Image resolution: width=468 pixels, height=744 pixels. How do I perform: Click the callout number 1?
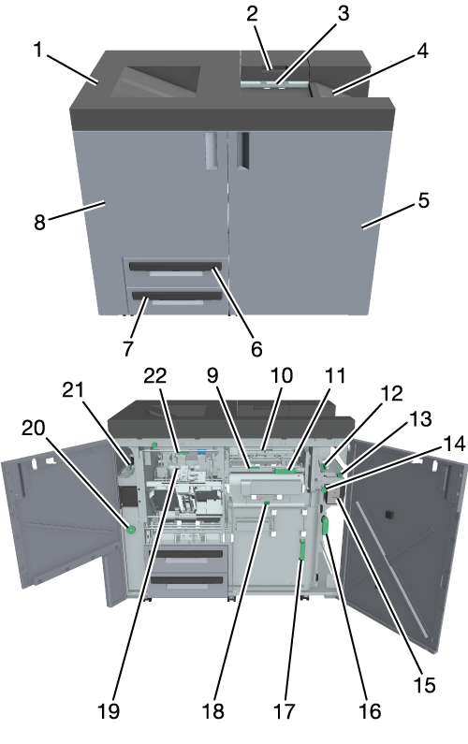click(38, 50)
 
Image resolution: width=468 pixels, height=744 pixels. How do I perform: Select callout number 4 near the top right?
click(422, 51)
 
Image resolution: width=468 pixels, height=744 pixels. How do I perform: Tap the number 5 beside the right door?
click(424, 200)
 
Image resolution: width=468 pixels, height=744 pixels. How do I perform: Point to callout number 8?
click(40, 222)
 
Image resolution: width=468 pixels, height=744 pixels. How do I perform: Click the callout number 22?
click(155, 376)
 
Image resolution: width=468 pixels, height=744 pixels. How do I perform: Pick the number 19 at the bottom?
click(109, 711)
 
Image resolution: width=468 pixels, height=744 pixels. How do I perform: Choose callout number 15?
click(424, 685)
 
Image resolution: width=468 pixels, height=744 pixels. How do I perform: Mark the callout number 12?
click(391, 393)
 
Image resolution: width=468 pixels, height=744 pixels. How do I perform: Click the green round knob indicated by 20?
click(131, 529)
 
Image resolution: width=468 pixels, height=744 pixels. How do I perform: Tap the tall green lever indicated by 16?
click(326, 526)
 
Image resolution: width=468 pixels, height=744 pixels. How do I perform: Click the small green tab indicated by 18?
click(267, 501)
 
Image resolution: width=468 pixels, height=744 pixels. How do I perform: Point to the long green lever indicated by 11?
click(285, 470)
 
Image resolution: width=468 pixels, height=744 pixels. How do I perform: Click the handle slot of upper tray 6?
click(175, 266)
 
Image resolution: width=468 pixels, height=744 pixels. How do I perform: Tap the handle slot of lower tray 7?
click(177, 297)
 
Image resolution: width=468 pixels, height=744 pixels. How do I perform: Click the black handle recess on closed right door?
click(243, 151)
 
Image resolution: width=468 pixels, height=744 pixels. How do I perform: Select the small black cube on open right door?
click(389, 515)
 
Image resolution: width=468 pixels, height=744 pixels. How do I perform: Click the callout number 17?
click(285, 711)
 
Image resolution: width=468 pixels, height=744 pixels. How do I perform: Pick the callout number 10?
click(282, 375)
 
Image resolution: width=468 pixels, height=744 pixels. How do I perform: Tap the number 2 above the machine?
click(252, 13)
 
